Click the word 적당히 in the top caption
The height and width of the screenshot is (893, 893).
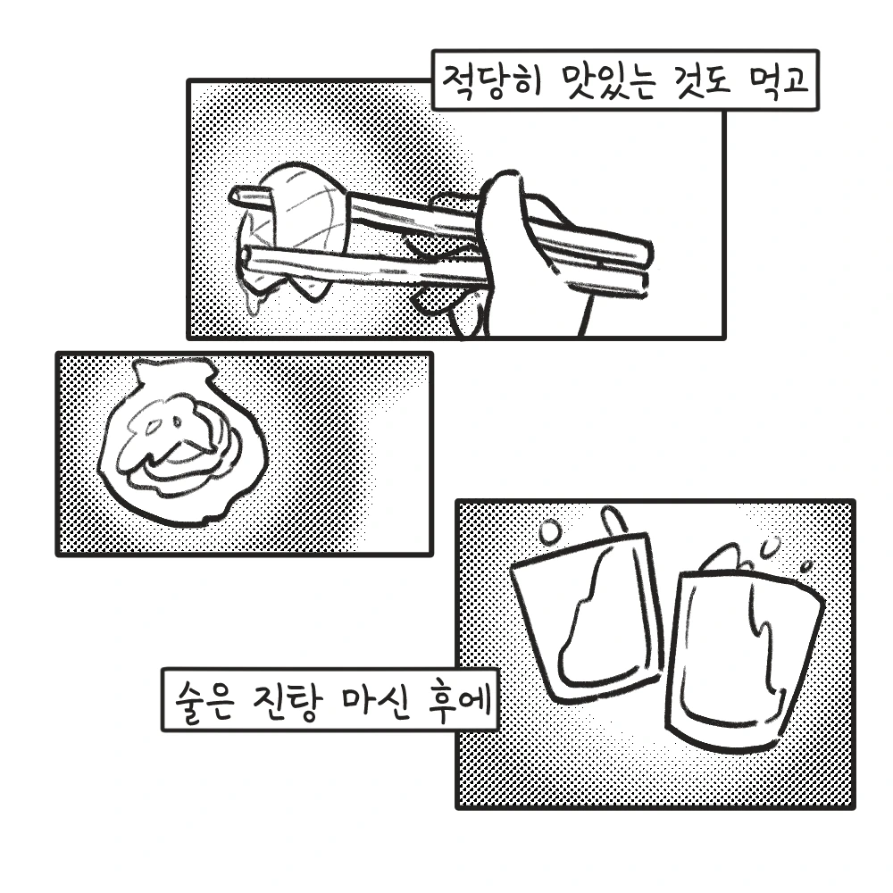click(491, 82)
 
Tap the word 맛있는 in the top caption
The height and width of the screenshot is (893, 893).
click(611, 82)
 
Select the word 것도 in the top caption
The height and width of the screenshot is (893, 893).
click(705, 82)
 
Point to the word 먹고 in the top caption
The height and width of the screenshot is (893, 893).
click(778, 82)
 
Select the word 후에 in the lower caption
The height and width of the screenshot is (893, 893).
click(460, 700)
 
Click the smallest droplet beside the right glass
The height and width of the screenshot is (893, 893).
click(805, 567)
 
